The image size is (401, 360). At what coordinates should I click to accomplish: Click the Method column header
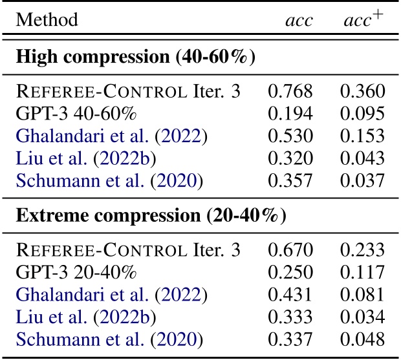tap(47, 20)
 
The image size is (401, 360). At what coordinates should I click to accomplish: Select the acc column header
tap(299, 20)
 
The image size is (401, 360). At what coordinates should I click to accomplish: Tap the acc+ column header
tap(363, 20)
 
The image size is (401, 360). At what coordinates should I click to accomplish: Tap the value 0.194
tap(290, 114)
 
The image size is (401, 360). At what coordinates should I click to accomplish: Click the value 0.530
tap(290, 136)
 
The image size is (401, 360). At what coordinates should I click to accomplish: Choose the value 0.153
tap(363, 136)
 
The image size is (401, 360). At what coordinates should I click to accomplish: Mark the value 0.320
tap(290, 158)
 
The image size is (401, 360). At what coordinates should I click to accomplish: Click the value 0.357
tap(290, 180)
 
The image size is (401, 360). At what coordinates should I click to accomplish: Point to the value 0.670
tap(290, 249)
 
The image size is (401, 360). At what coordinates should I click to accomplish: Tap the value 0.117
tap(363, 271)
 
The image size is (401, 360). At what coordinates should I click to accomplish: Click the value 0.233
tap(363, 249)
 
